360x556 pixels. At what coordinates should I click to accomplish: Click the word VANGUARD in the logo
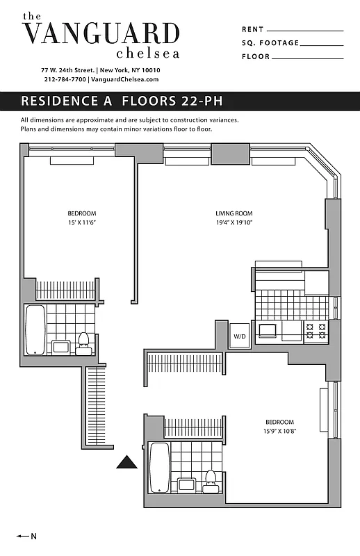click(x=101, y=33)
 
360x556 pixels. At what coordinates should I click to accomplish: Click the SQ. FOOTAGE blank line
click(x=322, y=44)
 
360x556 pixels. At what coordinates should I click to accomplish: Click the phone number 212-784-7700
click(x=65, y=80)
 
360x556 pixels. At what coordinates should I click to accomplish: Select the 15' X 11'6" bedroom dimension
click(x=81, y=223)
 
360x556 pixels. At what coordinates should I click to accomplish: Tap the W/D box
click(x=240, y=336)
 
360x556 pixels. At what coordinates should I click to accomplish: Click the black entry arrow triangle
click(x=126, y=462)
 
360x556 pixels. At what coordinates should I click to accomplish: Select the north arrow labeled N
click(x=28, y=536)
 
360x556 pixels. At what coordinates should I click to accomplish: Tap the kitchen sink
click(x=267, y=329)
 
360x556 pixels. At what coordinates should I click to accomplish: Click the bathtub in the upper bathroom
click(x=35, y=329)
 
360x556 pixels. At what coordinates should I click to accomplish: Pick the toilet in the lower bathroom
click(x=210, y=480)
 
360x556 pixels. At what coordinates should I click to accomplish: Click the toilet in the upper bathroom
click(x=84, y=343)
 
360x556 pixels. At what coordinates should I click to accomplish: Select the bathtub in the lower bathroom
click(x=160, y=467)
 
